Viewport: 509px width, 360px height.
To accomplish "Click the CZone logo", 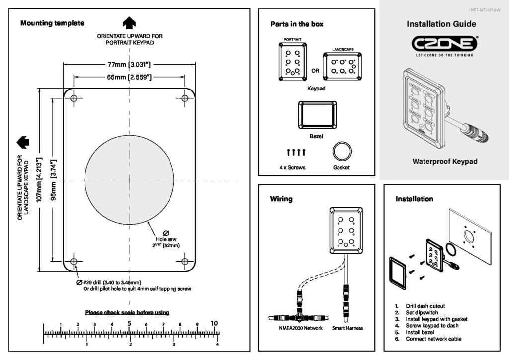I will click(x=444, y=44).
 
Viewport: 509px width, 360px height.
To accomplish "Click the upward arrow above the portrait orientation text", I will click(x=129, y=23).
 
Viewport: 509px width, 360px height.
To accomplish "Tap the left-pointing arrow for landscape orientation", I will click(x=23, y=142).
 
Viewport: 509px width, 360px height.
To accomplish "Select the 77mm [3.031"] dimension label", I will click(x=129, y=64).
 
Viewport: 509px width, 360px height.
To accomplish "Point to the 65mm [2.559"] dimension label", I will click(x=129, y=77).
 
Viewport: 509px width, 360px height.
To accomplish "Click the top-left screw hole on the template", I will click(x=74, y=98).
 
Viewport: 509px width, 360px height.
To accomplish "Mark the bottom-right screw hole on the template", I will click(x=185, y=261).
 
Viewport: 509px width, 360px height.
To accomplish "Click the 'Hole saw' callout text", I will click(x=166, y=239).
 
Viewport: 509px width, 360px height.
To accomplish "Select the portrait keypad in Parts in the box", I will click(x=293, y=61).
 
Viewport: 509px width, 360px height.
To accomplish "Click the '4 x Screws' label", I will click(x=292, y=168).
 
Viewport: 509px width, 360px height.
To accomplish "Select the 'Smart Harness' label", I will click(x=347, y=328).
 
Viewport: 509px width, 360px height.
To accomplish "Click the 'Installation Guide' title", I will click(x=441, y=24).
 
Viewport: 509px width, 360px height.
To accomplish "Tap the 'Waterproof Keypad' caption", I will click(x=444, y=162).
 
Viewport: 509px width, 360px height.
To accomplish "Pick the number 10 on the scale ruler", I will click(x=214, y=324).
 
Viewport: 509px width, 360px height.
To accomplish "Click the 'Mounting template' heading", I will click(x=52, y=23).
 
